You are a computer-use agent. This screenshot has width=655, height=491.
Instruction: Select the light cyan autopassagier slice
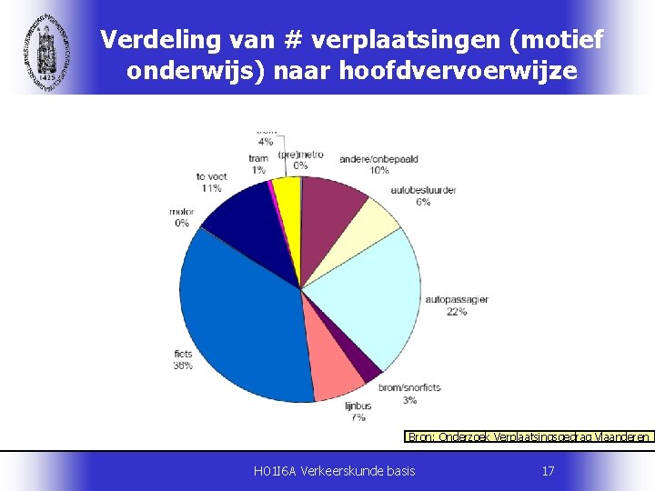click(364, 291)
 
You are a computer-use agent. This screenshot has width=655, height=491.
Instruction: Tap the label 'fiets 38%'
click(183, 359)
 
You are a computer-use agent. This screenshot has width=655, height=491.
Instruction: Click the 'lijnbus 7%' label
click(358, 411)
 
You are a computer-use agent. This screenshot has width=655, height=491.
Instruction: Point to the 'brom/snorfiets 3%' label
click(409, 393)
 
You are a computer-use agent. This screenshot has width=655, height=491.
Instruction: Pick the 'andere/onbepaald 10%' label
click(378, 165)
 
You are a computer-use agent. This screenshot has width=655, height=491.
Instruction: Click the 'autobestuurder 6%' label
click(423, 195)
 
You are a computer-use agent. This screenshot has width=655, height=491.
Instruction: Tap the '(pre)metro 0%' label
click(300, 159)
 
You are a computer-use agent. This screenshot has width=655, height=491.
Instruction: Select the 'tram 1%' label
click(258, 164)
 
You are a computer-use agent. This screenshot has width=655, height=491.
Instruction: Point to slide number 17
click(548, 471)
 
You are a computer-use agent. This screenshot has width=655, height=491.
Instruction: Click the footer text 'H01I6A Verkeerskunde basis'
click(335, 471)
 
